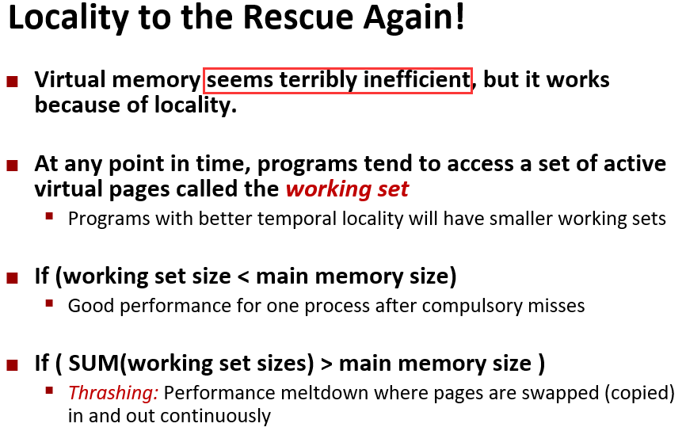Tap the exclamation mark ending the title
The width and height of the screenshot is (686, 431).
pyautogui.click(x=459, y=17)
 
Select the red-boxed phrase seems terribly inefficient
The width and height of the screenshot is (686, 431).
pyautogui.click(x=337, y=81)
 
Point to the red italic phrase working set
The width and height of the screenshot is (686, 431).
pyautogui.click(x=347, y=189)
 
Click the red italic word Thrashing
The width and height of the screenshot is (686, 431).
pyautogui.click(x=112, y=393)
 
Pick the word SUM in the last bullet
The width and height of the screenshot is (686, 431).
pyautogui.click(x=93, y=363)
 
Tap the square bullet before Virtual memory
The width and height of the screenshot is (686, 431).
pyautogui.click(x=12, y=82)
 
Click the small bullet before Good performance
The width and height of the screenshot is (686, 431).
pyautogui.click(x=49, y=303)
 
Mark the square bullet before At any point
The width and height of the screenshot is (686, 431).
pyautogui.click(x=12, y=166)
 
